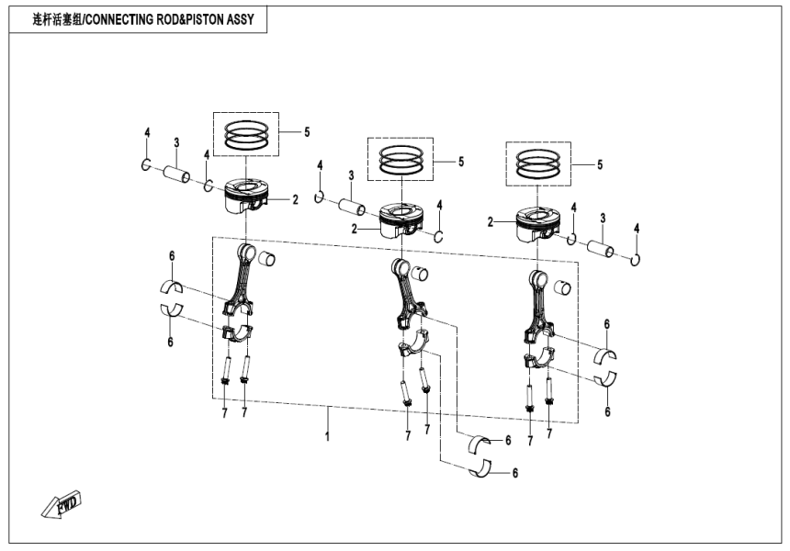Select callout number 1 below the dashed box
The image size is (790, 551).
tap(327, 438)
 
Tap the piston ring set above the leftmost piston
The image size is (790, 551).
tap(245, 136)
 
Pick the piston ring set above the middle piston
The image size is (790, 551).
tap(400, 160)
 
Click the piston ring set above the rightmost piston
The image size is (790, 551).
tap(538, 164)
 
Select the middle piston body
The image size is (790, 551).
tap(401, 220)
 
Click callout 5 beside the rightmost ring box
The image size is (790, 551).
tap(599, 165)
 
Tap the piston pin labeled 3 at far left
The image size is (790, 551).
tap(176, 173)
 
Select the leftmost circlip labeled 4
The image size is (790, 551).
tap(146, 164)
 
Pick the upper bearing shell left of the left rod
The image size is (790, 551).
tap(172, 286)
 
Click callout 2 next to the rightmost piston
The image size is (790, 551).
tap(491, 221)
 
